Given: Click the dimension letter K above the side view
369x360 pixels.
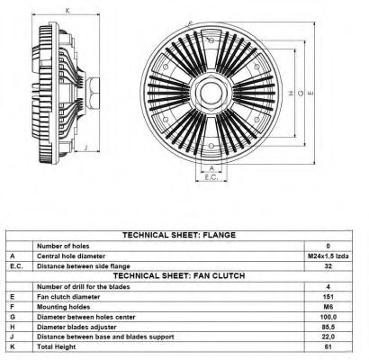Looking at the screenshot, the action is click(x=67, y=11).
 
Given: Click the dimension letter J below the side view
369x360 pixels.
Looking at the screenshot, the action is click(x=86, y=147).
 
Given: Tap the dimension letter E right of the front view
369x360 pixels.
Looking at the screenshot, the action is click(x=310, y=93).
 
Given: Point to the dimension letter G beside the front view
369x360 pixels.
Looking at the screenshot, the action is click(x=301, y=93).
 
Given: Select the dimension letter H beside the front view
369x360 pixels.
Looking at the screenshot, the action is click(x=291, y=93).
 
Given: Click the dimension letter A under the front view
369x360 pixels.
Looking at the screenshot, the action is click(x=211, y=168).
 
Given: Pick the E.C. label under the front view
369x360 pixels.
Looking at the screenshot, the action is click(x=211, y=177).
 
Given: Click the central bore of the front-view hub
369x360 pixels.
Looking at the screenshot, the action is click(x=211, y=93).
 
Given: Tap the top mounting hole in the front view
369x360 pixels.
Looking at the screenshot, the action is click(x=211, y=40).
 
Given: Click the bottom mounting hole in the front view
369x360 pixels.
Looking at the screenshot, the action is click(x=211, y=146).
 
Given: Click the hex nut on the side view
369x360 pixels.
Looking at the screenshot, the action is click(x=93, y=93).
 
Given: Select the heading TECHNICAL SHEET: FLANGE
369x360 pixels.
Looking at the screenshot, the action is click(x=179, y=235).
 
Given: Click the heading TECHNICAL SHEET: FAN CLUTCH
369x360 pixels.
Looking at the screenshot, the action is click(x=179, y=275).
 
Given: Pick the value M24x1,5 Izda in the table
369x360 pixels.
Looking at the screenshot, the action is click(x=328, y=256).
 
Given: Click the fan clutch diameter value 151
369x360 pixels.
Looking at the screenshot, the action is click(x=328, y=297).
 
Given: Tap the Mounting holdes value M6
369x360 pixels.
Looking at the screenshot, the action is click(x=328, y=307).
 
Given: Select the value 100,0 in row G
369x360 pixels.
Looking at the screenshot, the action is click(x=328, y=317).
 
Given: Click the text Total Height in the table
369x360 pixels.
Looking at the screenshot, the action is click(x=57, y=347).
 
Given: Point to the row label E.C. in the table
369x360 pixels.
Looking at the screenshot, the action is click(x=16, y=266).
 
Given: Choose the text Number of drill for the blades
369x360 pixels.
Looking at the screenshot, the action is click(x=84, y=286).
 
